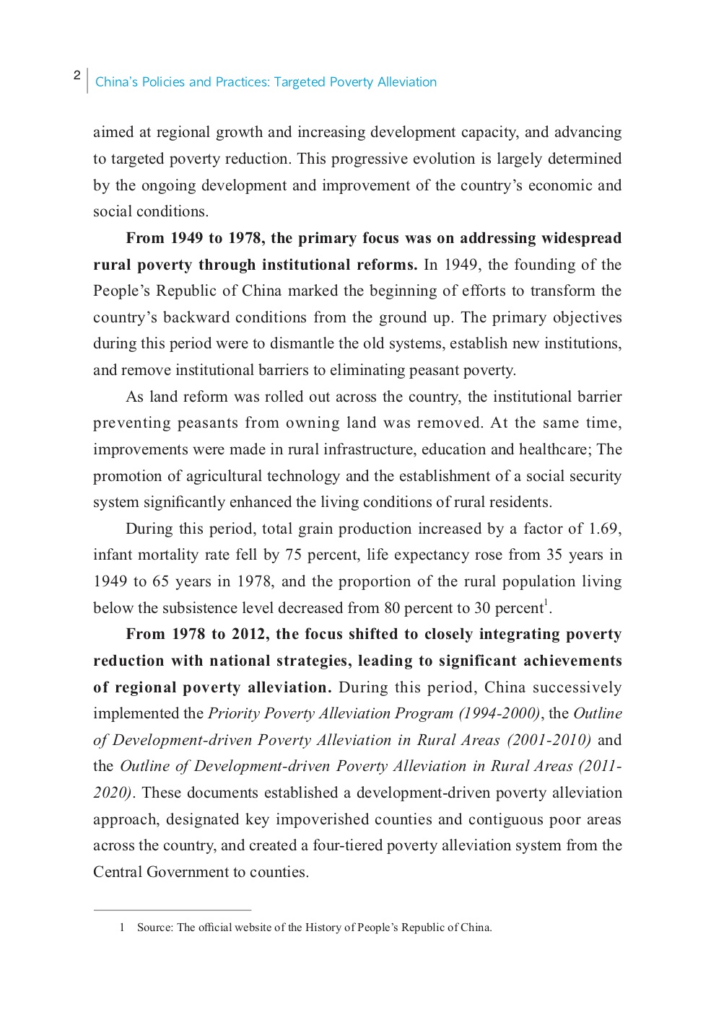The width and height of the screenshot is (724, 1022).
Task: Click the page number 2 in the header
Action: pyautogui.click(x=77, y=76)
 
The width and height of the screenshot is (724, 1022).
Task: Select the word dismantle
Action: pyautogui.click(x=286, y=344)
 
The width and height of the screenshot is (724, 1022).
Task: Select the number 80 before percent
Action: pyautogui.click(x=392, y=608)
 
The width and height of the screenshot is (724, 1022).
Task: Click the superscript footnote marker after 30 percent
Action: pyautogui.click(x=546, y=603)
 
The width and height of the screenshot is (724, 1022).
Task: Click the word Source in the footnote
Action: pyautogui.click(x=154, y=928)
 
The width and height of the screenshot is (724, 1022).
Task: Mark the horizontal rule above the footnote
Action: pyautogui.click(x=172, y=910)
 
